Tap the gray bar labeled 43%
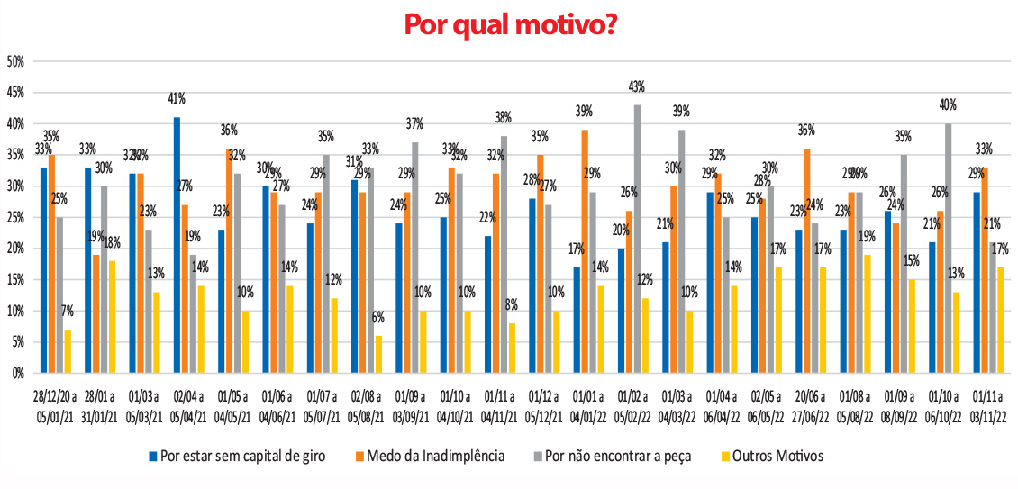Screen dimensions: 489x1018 [637, 239]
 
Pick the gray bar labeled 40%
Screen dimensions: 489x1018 [948, 248]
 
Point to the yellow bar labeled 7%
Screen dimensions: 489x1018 [68, 351]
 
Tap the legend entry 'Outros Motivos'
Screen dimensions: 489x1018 [775, 456]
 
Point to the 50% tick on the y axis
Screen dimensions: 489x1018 [14, 62]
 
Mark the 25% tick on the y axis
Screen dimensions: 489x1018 [14, 218]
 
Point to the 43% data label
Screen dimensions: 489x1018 [638, 86]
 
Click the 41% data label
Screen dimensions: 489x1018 [177, 99]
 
